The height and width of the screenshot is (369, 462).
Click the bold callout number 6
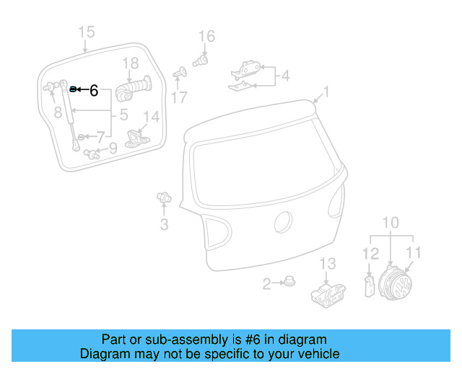93,91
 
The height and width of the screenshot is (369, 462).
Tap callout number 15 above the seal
86,32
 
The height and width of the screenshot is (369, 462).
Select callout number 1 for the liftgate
326,92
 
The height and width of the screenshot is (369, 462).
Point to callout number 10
390,222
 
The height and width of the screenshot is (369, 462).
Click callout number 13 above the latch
328,264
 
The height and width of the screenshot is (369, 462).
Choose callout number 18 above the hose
130,63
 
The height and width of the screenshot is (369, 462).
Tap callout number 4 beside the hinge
285,75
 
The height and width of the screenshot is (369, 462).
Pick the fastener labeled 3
163,197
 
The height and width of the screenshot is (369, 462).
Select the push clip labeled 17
181,74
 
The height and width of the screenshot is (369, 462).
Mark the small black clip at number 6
73,89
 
